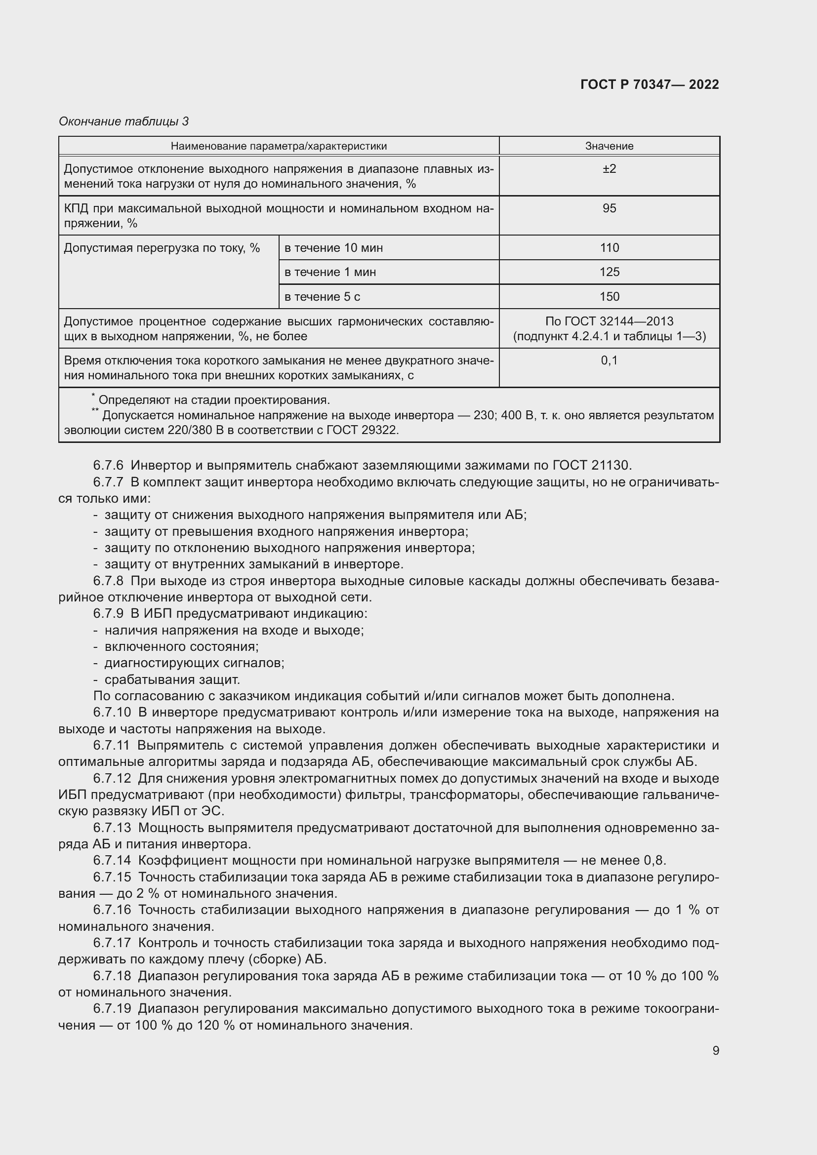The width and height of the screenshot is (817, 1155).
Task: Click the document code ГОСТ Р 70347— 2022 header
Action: coord(649,84)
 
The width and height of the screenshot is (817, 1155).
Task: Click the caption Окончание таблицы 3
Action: coord(124,121)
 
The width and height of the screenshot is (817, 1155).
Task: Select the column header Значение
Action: coord(609,146)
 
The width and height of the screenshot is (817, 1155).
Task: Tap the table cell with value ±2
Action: coord(609,169)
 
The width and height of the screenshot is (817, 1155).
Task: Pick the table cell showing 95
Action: coord(609,208)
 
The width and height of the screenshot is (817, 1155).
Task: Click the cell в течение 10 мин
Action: coord(333,248)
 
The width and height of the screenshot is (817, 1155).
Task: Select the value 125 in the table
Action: coord(609,272)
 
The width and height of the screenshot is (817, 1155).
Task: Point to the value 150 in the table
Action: coord(609,297)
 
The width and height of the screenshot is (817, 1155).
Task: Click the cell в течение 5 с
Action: coord(322,297)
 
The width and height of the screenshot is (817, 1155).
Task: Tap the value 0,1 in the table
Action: coord(609,360)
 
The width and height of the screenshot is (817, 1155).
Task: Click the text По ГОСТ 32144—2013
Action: coord(609,321)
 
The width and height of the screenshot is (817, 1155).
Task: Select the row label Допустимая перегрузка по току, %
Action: coord(162,248)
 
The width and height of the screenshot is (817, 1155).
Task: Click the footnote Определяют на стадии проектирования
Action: coord(214,400)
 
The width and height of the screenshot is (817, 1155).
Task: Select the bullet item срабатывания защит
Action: coord(172,679)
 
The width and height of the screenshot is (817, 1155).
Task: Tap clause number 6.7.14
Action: coord(112,861)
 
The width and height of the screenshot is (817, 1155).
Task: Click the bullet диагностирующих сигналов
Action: coord(194,663)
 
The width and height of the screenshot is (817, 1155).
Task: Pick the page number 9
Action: coord(715,1051)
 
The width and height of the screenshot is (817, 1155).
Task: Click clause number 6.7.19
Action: coord(112,1009)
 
